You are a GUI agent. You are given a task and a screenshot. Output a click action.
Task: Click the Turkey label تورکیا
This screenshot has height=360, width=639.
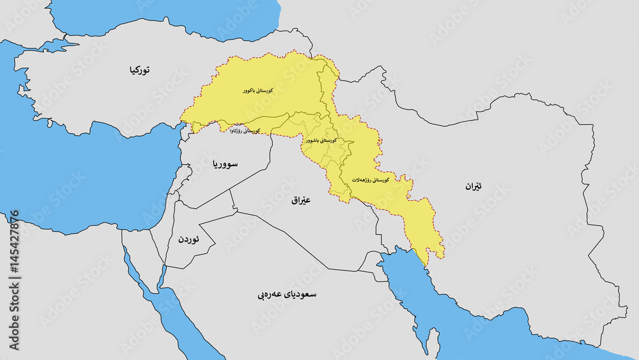(x=138, y=70)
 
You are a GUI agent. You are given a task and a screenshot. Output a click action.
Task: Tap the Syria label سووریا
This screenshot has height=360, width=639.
(x=224, y=164)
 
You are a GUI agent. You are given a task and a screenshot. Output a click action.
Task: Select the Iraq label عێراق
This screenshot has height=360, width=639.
(x=300, y=200)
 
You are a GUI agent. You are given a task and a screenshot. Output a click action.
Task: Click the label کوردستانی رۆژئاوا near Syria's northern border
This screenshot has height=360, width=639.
(x=244, y=130)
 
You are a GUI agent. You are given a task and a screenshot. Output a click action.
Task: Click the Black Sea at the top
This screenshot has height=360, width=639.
(x=166, y=13)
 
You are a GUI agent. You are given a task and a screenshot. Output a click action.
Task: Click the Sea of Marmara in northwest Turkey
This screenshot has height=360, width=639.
(x=48, y=47)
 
